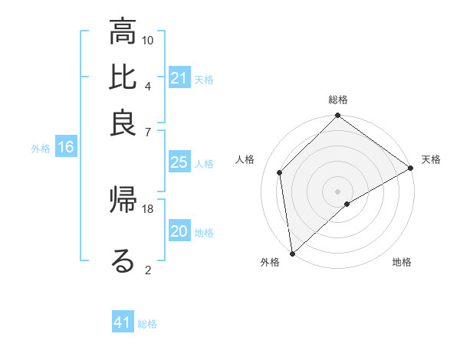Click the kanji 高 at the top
pyautogui.click(x=123, y=33)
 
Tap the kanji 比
pyautogui.click(x=123, y=78)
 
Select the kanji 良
pyautogui.click(x=123, y=123)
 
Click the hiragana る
pyautogui.click(x=123, y=261)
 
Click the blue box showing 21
pyautogui.click(x=179, y=78)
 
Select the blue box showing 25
pyautogui.click(x=179, y=162)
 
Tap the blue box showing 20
pyautogui.click(x=179, y=231)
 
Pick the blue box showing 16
pyautogui.click(x=66, y=148)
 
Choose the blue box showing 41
pyautogui.click(x=123, y=323)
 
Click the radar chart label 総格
pyautogui.click(x=338, y=100)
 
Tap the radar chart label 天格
pyautogui.click(x=431, y=159)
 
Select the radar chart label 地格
pyautogui.click(x=402, y=263)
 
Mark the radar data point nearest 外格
pyautogui.click(x=292, y=254)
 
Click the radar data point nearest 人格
pyautogui.click(x=280, y=172)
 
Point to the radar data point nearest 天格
pyautogui.click(x=410, y=169)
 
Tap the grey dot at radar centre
pyautogui.click(x=338, y=191)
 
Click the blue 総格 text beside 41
pyautogui.click(x=147, y=324)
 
